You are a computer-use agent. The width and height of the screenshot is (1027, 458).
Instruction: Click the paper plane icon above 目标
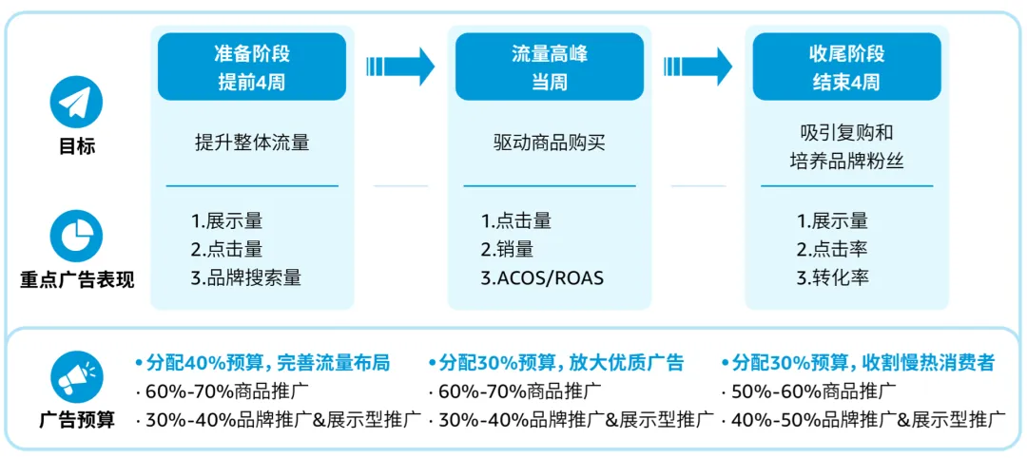coord(76,102)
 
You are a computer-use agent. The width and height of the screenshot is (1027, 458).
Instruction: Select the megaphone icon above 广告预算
coord(76,377)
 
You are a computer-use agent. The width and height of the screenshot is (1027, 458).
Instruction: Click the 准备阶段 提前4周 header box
coord(251,67)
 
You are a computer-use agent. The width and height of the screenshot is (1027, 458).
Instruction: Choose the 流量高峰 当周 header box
coord(550,67)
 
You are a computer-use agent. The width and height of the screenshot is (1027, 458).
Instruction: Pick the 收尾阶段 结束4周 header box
coord(846,67)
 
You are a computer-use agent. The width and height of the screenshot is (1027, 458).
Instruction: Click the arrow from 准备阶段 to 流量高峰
coord(400,67)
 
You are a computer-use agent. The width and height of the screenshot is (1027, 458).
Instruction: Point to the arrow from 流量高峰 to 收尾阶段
coord(698,67)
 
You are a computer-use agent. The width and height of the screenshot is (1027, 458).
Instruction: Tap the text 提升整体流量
coord(252,144)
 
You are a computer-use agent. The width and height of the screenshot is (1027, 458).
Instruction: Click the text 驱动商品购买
coord(550,144)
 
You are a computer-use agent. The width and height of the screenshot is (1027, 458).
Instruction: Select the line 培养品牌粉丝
coord(846,162)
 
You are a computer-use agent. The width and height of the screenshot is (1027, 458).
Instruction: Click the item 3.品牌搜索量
coord(246,278)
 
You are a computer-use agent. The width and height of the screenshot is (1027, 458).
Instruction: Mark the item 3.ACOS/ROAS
coord(542,278)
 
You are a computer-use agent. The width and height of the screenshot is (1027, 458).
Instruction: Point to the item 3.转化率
coord(833,278)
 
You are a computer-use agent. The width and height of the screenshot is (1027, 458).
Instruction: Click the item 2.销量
coord(507,250)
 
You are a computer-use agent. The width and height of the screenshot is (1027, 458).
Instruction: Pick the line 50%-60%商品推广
coord(808,391)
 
